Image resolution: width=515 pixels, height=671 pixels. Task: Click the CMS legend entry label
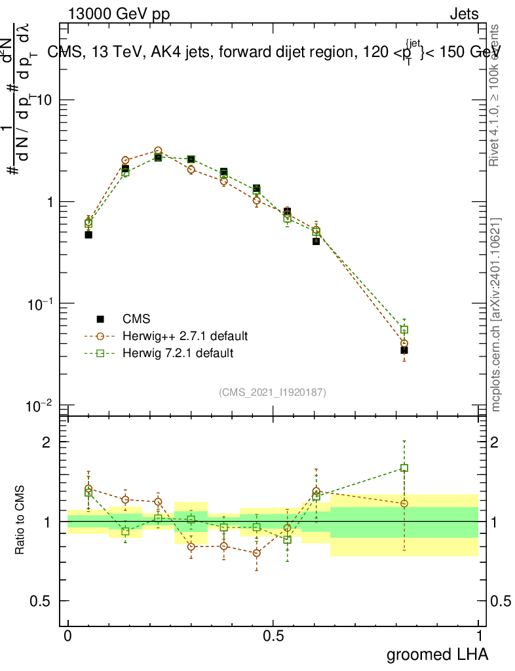pos(136,319)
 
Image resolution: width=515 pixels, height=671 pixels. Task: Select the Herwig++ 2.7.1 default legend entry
pos(185,336)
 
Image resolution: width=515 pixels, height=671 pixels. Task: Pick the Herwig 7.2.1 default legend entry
pos(178,353)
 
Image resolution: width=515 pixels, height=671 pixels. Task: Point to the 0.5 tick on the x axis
pos(273,636)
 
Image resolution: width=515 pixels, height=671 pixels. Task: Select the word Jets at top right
pos(463,14)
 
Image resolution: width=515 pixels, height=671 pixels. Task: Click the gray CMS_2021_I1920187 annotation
pos(273,392)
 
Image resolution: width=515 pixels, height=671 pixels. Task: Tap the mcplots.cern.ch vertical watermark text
pos(497,315)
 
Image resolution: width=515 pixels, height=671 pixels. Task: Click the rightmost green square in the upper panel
pos(404,330)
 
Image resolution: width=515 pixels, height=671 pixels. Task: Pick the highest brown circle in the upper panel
pos(158,151)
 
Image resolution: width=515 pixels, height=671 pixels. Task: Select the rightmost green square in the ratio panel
pos(404,468)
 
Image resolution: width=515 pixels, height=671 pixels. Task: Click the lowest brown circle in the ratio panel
pos(256,553)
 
